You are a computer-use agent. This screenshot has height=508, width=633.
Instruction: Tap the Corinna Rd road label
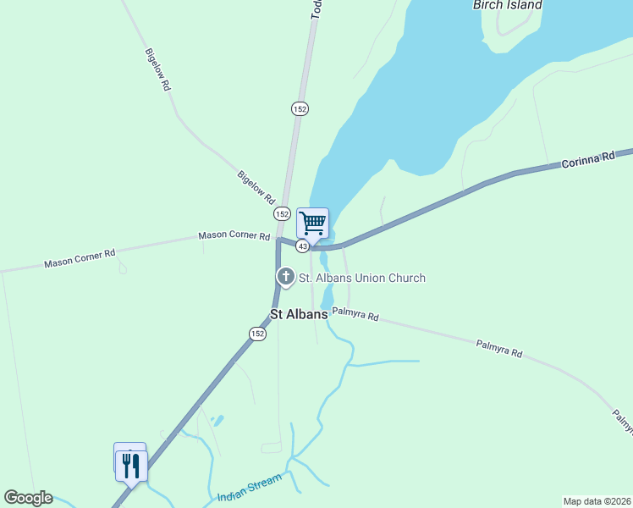(x=587, y=160)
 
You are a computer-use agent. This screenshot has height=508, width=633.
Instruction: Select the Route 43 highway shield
(x=302, y=246)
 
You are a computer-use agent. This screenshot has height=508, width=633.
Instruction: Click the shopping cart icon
(x=312, y=224)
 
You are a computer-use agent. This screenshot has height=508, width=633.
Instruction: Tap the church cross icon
(x=286, y=276)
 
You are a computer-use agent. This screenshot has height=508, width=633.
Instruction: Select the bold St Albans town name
(x=299, y=314)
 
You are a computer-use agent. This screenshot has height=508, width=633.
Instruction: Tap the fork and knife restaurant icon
(x=131, y=465)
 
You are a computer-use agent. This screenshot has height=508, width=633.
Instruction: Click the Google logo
(x=28, y=498)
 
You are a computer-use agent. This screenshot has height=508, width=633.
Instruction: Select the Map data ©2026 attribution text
(x=597, y=501)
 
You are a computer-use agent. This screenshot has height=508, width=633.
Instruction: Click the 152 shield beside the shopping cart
(x=283, y=214)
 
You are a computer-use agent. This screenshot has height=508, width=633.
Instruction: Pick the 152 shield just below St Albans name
(x=258, y=334)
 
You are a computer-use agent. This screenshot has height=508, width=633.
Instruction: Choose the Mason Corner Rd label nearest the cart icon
(x=234, y=235)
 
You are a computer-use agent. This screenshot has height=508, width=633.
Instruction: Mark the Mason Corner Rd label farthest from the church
(x=80, y=259)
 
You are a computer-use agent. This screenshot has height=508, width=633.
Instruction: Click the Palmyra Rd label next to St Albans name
(x=355, y=315)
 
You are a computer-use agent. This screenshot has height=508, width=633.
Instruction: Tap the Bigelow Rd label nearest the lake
(x=256, y=188)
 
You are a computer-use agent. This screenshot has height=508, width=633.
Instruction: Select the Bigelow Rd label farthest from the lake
(x=158, y=69)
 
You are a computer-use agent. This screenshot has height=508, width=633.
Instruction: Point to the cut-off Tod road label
(x=316, y=8)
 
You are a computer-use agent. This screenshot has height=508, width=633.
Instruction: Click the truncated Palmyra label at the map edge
(x=622, y=421)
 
